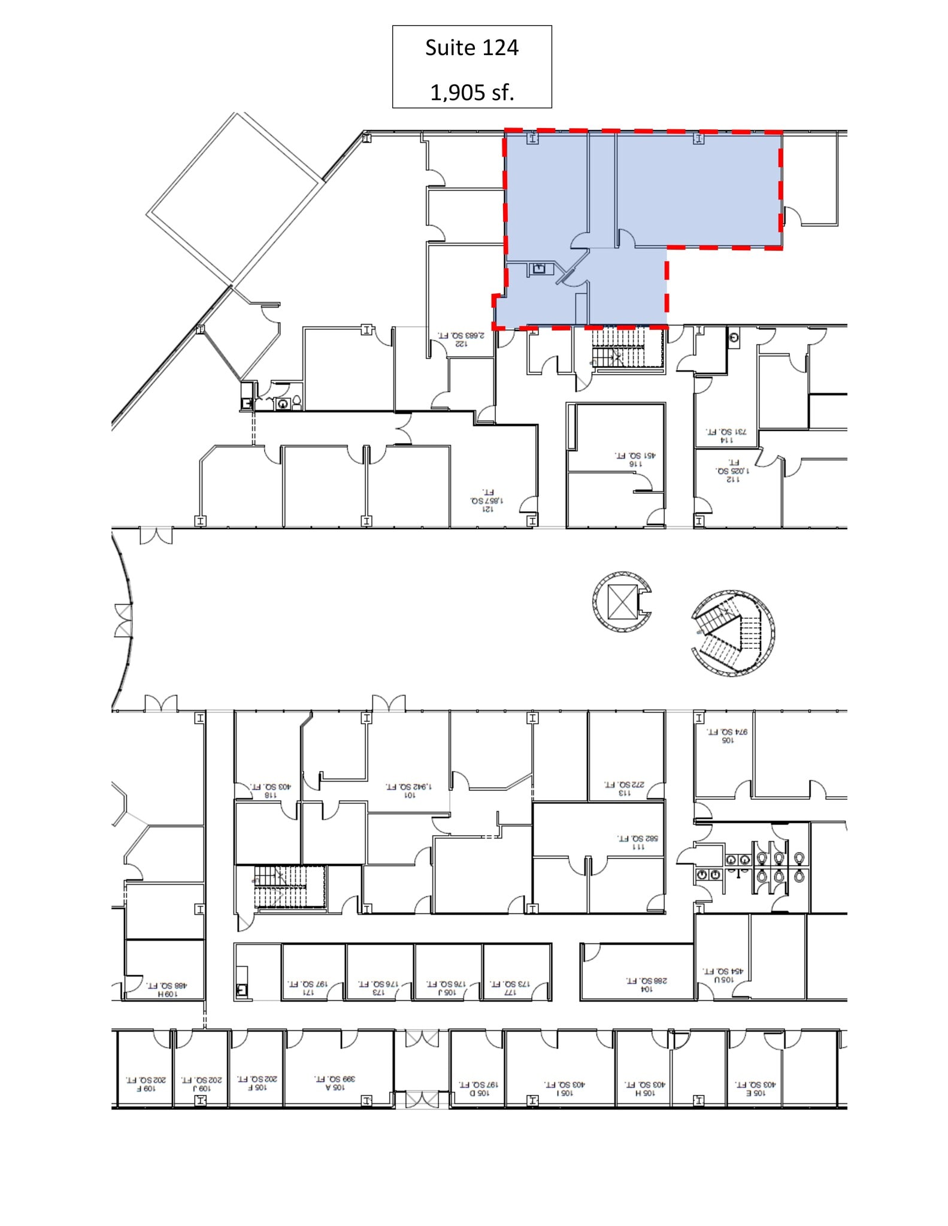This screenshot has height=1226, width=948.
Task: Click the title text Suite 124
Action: pos(471,48)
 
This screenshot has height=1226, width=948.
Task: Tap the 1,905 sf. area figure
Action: pos(472,92)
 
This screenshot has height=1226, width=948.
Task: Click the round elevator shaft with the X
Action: pos(622,602)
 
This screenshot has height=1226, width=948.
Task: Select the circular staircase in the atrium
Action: pos(732,633)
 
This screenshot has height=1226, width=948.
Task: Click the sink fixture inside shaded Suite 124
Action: pos(539,268)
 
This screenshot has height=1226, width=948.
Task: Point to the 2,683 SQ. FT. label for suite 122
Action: pos(461,336)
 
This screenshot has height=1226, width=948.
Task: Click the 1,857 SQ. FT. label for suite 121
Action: pos(487,500)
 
